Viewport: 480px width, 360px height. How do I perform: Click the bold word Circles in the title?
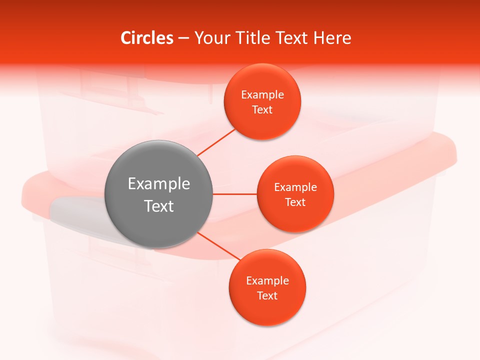point(147,38)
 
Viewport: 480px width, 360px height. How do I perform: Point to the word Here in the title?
point(332,38)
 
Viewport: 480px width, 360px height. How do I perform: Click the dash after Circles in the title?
point(183,38)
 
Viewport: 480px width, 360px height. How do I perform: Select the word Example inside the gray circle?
point(159,184)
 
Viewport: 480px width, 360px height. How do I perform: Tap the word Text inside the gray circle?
point(159,206)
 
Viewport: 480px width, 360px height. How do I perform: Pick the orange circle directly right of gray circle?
point(295,217)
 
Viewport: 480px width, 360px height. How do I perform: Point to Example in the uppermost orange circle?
point(262,94)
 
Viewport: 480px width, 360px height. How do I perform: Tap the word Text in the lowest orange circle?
point(267,295)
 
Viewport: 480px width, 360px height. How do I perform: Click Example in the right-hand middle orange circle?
point(295,187)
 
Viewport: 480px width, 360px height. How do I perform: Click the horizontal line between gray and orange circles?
point(234,194)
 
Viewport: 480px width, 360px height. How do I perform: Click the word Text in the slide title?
point(292,38)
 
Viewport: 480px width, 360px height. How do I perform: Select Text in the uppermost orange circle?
point(262,109)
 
